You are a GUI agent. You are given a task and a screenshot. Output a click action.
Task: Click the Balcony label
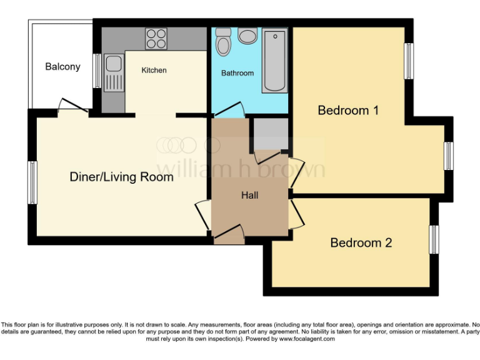coord(62,66)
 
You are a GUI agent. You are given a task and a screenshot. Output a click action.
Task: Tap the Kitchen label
coord(154,70)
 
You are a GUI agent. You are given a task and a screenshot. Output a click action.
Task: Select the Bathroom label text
coord(237,73)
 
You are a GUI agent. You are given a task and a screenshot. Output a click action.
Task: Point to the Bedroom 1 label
coord(348,111)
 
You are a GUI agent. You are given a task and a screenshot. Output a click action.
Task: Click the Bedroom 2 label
coord(361,242)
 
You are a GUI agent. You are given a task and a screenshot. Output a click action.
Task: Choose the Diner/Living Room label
coord(121,177)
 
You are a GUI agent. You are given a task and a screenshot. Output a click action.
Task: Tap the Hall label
coord(250,195)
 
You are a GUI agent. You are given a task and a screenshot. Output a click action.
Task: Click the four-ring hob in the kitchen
coord(156,39)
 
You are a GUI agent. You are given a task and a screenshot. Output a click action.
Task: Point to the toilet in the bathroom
coord(222,42)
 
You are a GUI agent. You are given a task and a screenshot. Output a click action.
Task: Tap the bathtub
coord(274,59)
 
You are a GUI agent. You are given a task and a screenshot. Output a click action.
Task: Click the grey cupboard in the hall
coord(270,133)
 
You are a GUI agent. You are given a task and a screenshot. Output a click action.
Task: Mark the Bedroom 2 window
coord(434,239)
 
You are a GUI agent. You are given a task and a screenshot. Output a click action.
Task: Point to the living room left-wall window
coord(31,182)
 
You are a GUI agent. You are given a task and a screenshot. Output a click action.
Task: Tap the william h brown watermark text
coord(240,169)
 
